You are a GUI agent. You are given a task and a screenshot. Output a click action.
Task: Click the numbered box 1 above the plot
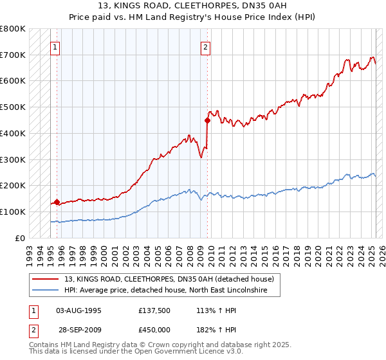pos(55,46)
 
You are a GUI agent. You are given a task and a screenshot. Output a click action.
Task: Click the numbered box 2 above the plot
pos(205,46)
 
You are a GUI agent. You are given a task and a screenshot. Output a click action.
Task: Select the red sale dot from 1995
pos(57,202)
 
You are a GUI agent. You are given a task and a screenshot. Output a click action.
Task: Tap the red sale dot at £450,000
pos(207,120)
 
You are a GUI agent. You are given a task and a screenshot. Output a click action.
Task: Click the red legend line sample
pos(45,279)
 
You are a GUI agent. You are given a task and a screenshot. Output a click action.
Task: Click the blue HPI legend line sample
pos(45,290)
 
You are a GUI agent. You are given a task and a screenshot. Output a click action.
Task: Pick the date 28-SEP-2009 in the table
pos(79,330)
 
